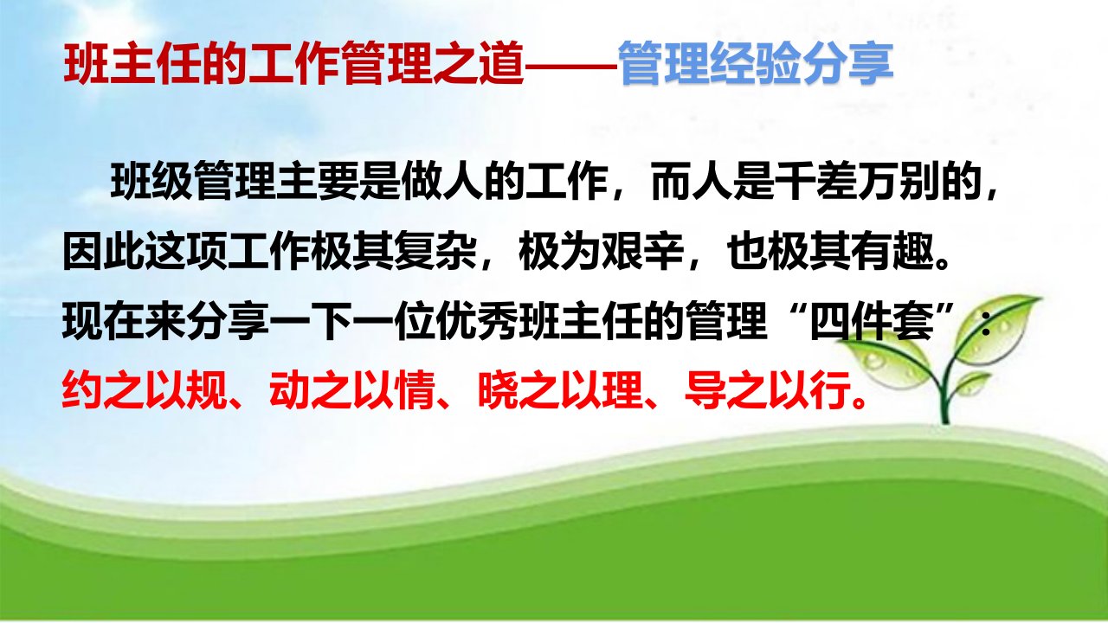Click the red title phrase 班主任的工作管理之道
[x=293, y=64]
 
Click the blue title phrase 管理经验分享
[x=756, y=64]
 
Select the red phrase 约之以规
[x=145, y=389]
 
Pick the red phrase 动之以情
[x=352, y=389]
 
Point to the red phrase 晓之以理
[x=560, y=389]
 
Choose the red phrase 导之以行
[x=767, y=389]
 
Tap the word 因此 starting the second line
[x=103, y=254]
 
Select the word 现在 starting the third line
[x=103, y=323]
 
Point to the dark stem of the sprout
[x=944, y=390]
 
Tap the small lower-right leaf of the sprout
[x=972, y=383]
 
